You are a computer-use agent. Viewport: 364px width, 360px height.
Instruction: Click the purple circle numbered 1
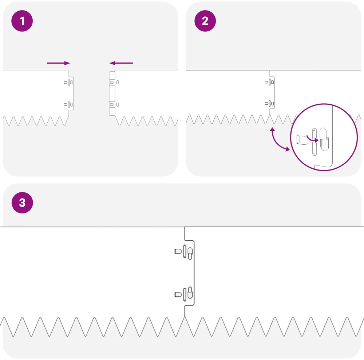pyautogui.click(x=22, y=21)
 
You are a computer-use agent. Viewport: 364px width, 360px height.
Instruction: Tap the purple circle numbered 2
pyautogui.click(x=205, y=21)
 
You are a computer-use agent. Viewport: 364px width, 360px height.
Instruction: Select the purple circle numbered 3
pyautogui.click(x=22, y=203)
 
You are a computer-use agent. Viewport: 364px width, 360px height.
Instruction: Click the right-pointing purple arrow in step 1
pyautogui.click(x=59, y=63)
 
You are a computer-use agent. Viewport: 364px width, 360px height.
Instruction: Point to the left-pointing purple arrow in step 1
pyautogui.click(x=121, y=63)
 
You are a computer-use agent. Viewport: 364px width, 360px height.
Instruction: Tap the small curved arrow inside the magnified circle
pyautogui.click(x=312, y=139)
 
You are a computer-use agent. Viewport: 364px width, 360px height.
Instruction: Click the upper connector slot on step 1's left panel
pyautogui.click(x=69, y=82)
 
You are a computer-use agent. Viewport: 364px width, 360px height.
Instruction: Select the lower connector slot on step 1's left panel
pyautogui.click(x=69, y=105)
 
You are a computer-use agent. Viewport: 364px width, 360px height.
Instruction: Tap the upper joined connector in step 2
pyautogui.click(x=269, y=82)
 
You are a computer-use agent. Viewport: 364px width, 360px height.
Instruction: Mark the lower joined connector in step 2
pyautogui.click(x=269, y=103)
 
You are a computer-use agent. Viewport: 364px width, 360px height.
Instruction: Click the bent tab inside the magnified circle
pyautogui.click(x=302, y=140)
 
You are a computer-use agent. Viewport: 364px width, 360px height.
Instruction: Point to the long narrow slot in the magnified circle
pyautogui.click(x=314, y=142)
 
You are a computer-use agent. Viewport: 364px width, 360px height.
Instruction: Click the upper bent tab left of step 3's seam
pyautogui.click(x=178, y=251)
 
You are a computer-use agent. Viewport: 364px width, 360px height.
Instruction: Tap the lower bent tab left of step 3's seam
pyautogui.click(x=178, y=295)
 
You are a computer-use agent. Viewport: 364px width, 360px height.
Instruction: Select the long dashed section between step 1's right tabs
pyautogui.click(x=112, y=93)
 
